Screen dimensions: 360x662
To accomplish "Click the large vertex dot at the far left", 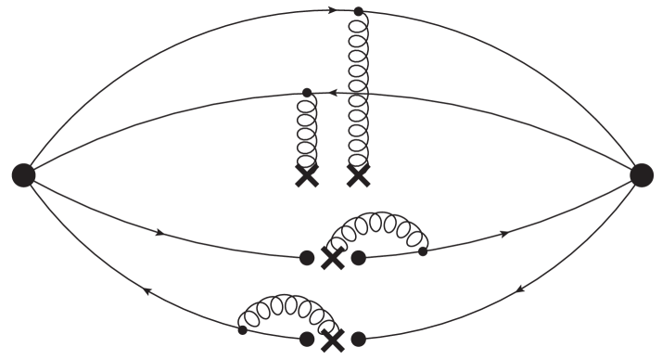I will [23, 174].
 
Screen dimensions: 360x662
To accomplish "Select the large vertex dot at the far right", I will [641, 174].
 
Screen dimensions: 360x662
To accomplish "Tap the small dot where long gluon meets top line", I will [358, 12].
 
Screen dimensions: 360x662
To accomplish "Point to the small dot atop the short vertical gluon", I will [307, 92].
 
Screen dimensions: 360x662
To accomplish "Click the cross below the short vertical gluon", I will [307, 175].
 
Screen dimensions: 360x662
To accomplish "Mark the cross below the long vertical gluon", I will [358, 175].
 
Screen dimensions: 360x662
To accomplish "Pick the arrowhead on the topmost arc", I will [333, 11].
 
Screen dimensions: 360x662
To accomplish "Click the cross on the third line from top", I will [333, 258].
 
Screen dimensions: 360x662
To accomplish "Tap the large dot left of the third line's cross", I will [308, 258].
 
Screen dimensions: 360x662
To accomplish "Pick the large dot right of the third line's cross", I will [358, 258].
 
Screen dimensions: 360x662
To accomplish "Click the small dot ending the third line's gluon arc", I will [423, 251].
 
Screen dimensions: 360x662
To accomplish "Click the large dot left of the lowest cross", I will [308, 340].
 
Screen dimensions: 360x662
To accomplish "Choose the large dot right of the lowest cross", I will [358, 340].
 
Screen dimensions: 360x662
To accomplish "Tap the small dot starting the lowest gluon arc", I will [243, 329].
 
